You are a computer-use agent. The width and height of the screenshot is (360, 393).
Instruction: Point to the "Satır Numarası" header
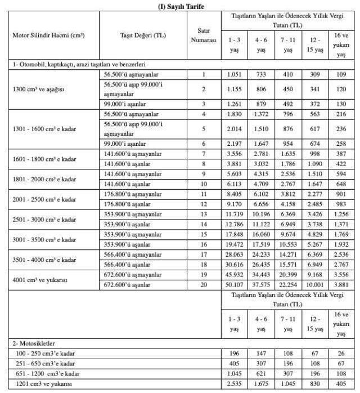tap(203, 35)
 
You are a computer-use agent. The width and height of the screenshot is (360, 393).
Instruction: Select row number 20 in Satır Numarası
tap(203, 285)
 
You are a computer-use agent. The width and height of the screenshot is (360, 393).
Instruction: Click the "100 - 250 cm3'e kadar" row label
tap(43, 353)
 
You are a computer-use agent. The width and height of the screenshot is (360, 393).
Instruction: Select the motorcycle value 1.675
tap(260, 383)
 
